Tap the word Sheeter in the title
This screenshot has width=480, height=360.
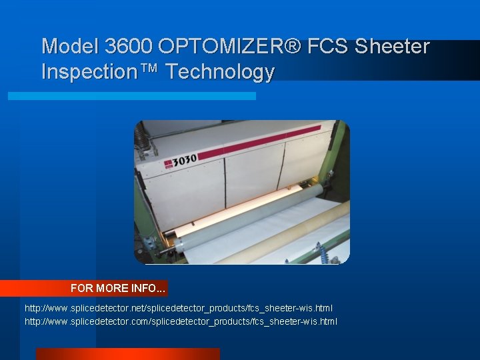pos(392,47)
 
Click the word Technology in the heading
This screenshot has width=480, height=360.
pos(220,71)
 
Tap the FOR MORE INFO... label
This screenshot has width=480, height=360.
pos(118,289)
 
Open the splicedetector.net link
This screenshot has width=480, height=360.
pos(179,308)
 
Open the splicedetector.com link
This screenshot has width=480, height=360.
pos(181,321)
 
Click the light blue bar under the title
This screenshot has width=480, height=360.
pos(131,96)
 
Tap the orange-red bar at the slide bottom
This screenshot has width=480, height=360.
pos(127,353)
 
